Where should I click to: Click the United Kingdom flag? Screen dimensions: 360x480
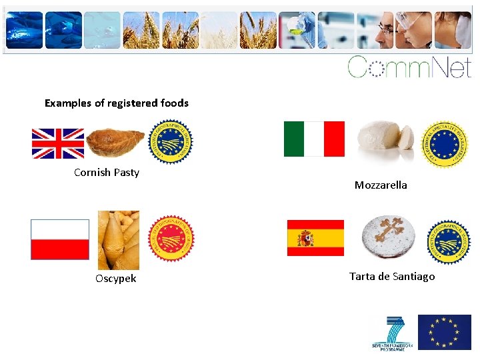coord(58,143)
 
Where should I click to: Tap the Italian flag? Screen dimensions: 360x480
coord(314,139)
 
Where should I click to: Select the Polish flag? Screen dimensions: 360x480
coord(60,239)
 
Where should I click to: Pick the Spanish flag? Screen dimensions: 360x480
coord(315,238)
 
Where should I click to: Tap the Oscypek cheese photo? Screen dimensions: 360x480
coord(119,240)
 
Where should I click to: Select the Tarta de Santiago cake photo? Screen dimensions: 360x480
coord(388,237)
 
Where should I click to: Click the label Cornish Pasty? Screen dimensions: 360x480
coord(107,173)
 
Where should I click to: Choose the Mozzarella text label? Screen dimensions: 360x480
coord(381,185)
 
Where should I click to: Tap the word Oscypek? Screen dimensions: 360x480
coord(115,279)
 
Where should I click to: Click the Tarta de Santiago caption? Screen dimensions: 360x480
coord(392,277)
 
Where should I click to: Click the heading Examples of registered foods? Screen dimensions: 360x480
coord(117,103)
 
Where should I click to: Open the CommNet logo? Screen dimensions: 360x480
coord(409,67)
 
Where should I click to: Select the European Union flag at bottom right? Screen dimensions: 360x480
coord(444,332)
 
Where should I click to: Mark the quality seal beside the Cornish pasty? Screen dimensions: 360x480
coord(170,141)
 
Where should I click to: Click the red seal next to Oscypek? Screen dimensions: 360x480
coord(171,238)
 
